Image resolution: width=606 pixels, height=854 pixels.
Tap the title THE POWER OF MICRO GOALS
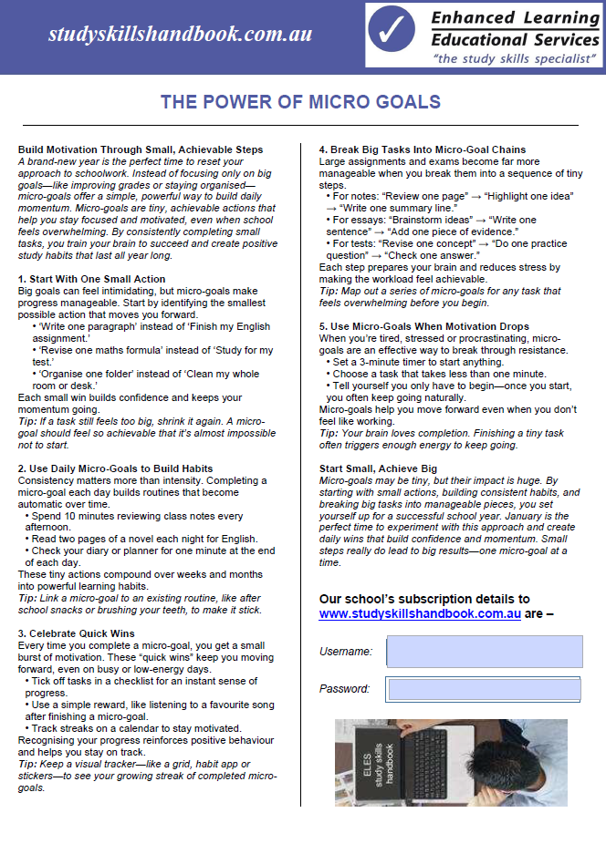pos(301,102)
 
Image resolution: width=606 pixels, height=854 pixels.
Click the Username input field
pos(485,652)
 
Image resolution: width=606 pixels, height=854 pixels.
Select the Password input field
pos(484,689)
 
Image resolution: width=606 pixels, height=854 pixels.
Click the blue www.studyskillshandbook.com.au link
pos(420,614)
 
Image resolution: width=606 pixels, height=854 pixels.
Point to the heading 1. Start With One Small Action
pos(92,279)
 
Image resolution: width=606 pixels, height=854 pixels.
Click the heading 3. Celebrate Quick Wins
pos(77,633)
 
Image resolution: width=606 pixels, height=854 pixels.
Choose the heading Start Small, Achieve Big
pos(378,468)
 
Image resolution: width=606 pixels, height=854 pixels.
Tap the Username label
pos(346,652)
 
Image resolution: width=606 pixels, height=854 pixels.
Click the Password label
pos(345,689)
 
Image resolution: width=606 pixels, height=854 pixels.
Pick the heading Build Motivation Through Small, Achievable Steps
pos(141,149)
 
